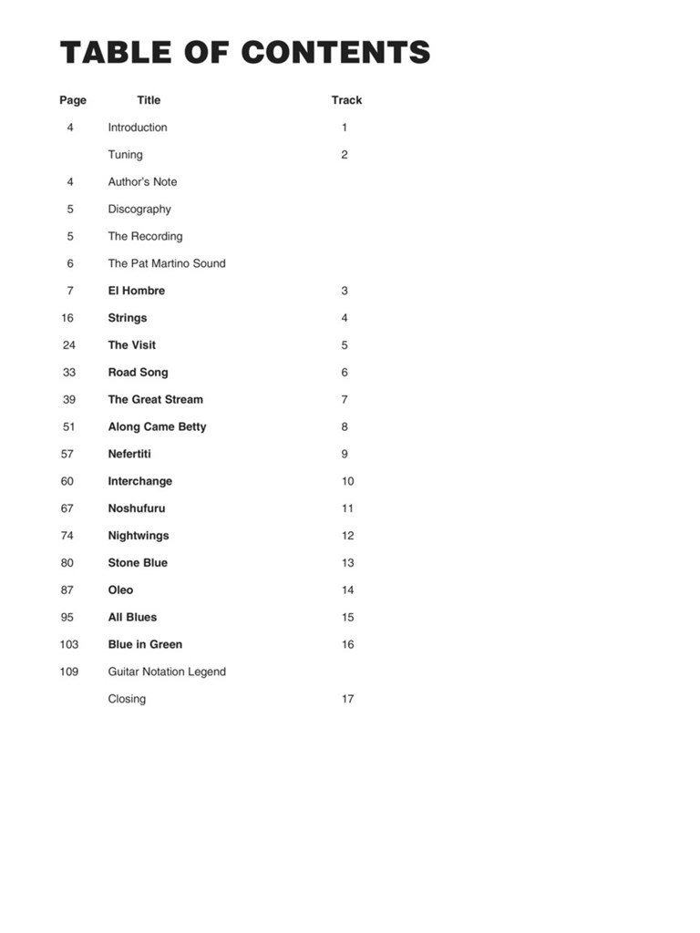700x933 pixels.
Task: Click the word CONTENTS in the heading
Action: [x=335, y=53]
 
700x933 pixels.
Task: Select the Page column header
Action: [x=73, y=100]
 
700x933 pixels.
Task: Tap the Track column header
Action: [x=346, y=100]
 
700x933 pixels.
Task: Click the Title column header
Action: [x=149, y=100]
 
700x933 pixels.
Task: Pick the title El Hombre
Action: [x=137, y=291]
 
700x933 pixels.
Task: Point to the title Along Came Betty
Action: [x=157, y=426]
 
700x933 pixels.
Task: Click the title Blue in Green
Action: [x=145, y=644]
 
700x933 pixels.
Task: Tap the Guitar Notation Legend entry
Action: [x=167, y=672]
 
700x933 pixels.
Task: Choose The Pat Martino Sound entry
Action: [x=167, y=263]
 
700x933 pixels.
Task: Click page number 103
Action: [x=69, y=644]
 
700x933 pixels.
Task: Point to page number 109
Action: [x=69, y=672]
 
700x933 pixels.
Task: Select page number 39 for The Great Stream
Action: [x=69, y=399]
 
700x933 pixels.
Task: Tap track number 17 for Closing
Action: [x=347, y=699]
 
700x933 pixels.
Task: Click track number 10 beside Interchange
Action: [x=347, y=481]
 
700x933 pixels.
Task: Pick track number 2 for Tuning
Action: [x=345, y=155]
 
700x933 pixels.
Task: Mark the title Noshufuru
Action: [x=137, y=508]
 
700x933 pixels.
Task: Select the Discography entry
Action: [x=139, y=209]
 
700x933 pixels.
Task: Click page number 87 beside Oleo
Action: [x=67, y=590]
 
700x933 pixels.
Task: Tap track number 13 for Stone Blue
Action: [x=347, y=563]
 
